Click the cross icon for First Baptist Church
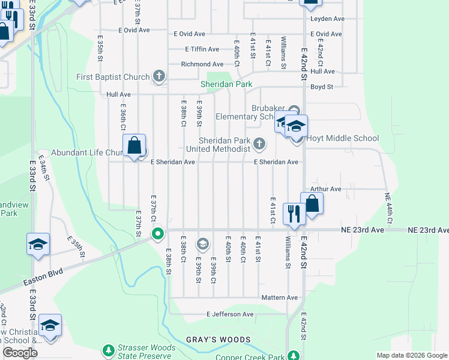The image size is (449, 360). (x=159, y=76)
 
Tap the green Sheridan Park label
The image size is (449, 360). (x=226, y=85)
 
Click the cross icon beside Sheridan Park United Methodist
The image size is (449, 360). (x=259, y=143)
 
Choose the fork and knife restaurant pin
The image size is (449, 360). (x=294, y=214)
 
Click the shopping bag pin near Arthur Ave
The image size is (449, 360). (x=312, y=203)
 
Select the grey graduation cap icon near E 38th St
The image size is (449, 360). (x=203, y=243)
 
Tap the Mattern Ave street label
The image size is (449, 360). (x=280, y=298)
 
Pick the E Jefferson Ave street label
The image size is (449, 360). (x=231, y=314)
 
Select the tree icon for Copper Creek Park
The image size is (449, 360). (x=294, y=355)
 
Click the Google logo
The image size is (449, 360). (x=20, y=353)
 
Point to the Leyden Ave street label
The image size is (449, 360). (x=327, y=19)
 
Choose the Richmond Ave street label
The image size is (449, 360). (x=202, y=64)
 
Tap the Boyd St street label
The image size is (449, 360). (x=322, y=87)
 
